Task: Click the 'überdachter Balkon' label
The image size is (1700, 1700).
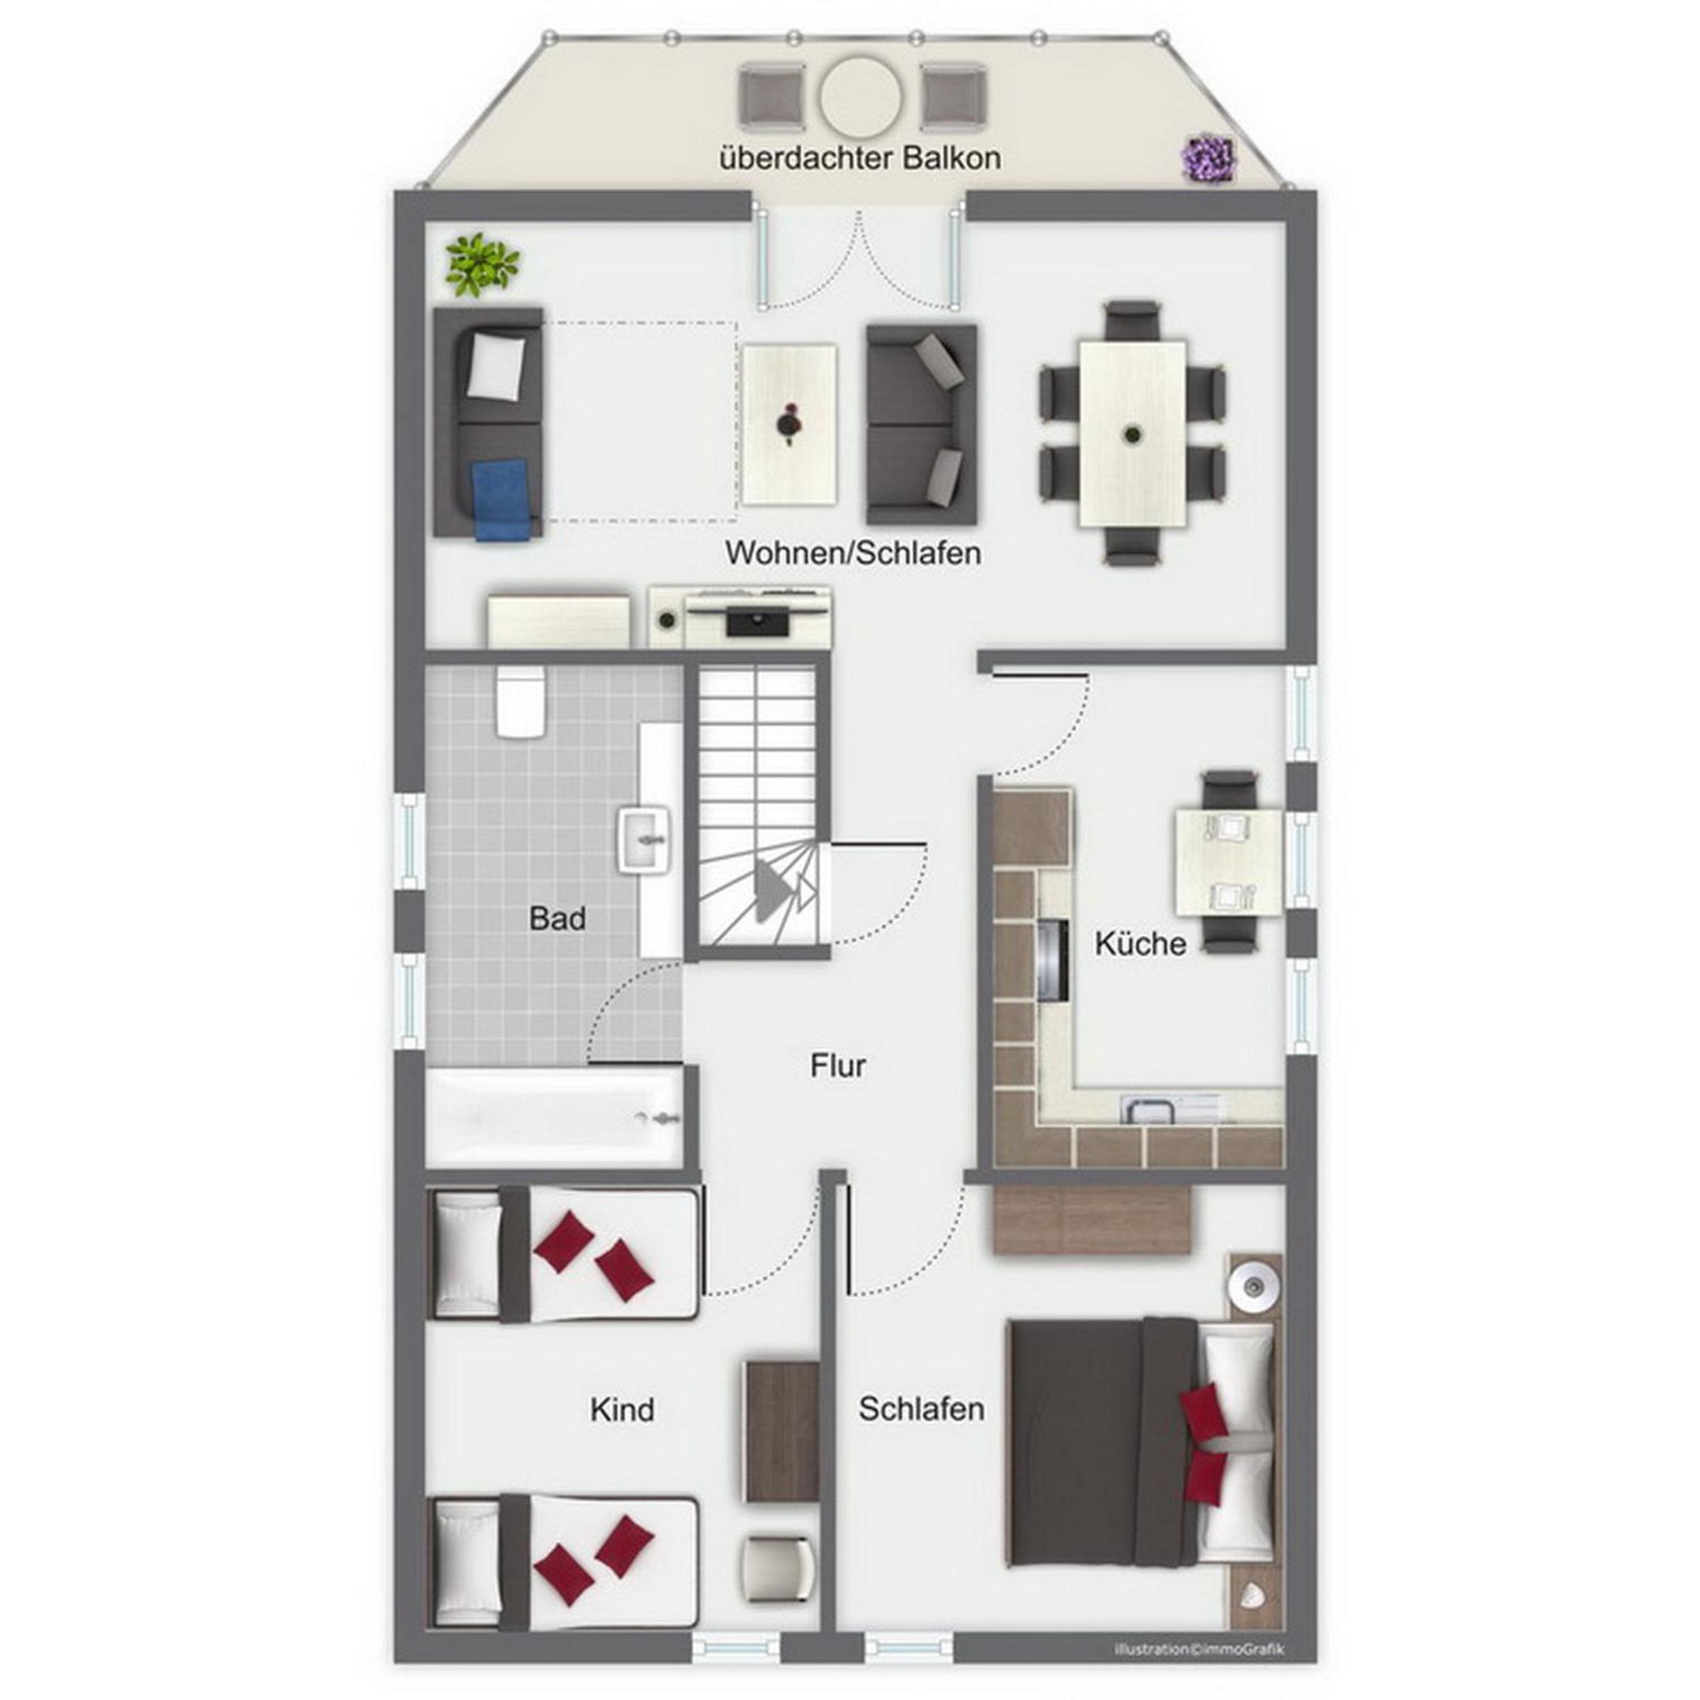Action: [860, 159]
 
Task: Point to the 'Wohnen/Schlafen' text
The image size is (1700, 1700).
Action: [853, 552]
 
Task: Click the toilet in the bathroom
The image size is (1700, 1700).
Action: [521, 701]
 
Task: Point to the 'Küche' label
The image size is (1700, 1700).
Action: [1140, 943]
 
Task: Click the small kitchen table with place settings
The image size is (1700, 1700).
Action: [1229, 862]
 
